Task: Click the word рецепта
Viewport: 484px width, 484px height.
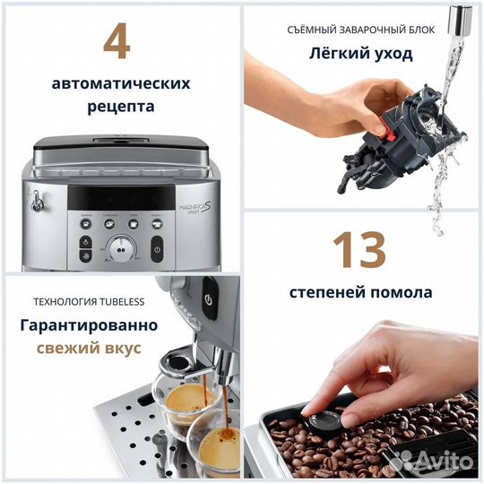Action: click(x=121, y=106)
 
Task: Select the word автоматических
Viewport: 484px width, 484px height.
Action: click(x=121, y=83)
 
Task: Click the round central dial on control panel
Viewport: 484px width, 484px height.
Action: click(x=122, y=248)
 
